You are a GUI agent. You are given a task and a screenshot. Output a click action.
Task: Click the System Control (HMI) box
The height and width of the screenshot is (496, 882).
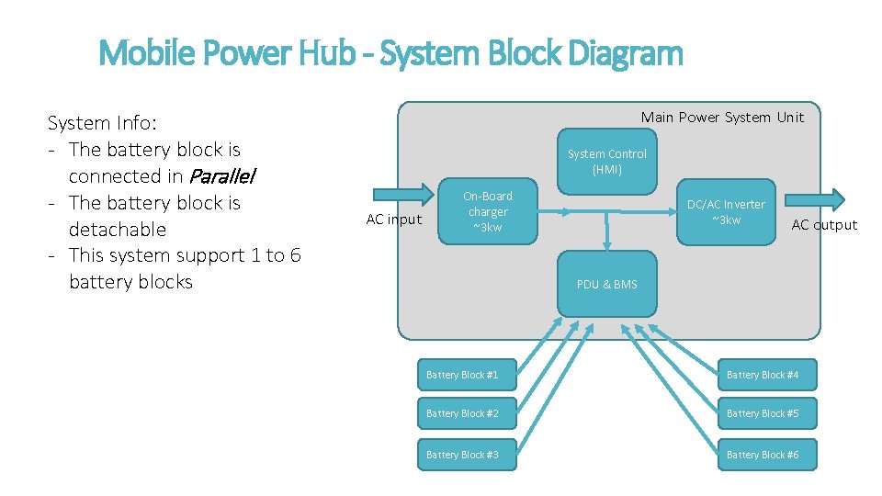coord(606,162)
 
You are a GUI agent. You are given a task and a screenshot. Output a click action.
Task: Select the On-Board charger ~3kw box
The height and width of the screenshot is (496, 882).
coord(488,212)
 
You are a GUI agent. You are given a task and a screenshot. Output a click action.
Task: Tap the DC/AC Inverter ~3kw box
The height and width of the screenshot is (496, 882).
coord(726,212)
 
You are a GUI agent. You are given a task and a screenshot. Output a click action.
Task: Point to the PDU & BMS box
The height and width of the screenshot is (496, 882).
coord(606,284)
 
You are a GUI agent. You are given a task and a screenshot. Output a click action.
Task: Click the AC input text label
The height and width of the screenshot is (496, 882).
coord(393,220)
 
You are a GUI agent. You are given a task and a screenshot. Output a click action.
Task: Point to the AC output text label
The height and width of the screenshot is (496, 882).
coord(824,225)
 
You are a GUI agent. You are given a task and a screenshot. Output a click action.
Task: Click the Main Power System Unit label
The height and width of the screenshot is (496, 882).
coord(722,117)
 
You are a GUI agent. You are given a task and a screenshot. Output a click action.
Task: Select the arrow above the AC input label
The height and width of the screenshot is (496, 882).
coord(402,193)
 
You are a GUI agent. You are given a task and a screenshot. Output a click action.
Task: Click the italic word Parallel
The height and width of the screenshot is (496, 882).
coord(221,176)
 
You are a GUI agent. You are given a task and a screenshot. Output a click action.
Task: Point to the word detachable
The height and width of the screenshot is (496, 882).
coord(117,229)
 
